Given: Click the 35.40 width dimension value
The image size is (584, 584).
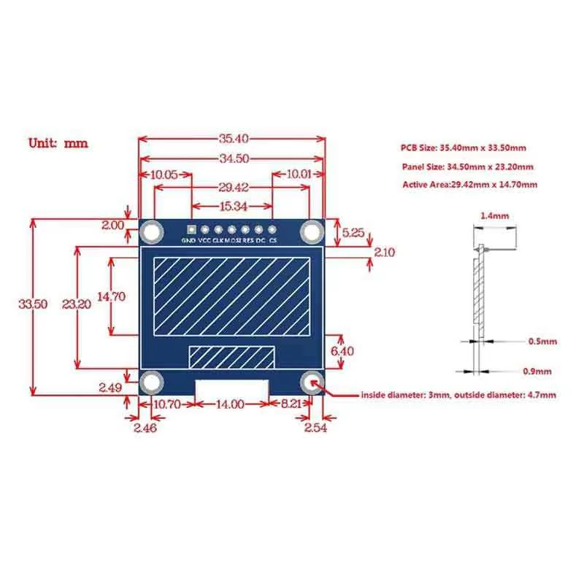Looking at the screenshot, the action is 234,139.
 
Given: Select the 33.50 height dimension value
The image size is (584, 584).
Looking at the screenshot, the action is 33,304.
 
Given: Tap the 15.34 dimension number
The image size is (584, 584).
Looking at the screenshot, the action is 233,207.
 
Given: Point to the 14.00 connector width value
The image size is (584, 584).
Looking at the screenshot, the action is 231,404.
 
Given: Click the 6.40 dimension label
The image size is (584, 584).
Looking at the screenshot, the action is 342,351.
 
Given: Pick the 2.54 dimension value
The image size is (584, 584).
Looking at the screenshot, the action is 315,428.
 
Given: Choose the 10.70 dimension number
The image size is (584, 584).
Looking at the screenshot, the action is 167,404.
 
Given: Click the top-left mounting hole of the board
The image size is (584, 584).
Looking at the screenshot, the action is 152,232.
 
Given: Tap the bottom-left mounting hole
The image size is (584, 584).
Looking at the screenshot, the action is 152,383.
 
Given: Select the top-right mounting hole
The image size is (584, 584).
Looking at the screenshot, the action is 312,232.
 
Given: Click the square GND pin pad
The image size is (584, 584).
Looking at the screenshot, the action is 191,229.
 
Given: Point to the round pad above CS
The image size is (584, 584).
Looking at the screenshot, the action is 272,229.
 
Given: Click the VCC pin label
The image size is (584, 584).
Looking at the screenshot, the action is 204,241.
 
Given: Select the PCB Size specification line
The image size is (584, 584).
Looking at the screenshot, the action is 464,148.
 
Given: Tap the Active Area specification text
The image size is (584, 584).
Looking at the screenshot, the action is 470,185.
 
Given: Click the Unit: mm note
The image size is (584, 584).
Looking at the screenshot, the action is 58,143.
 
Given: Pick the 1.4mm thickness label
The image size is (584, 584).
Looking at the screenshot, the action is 495,215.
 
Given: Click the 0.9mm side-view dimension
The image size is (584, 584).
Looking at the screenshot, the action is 537,372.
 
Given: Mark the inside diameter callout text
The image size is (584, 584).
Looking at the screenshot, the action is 458,395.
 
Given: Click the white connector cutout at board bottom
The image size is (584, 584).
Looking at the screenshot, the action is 232,388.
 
